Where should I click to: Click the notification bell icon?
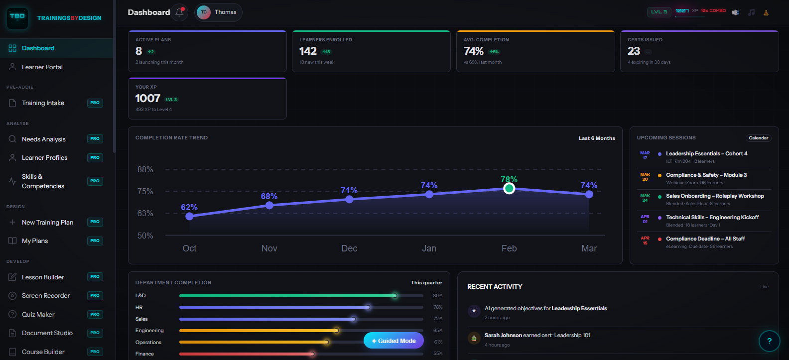click(x=179, y=12)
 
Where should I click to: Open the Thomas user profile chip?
click(x=218, y=12)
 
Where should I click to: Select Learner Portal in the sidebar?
click(x=42, y=67)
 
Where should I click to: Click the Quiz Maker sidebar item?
click(x=38, y=315)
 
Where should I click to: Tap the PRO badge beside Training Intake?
click(x=95, y=103)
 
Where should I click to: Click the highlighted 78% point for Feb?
click(x=509, y=189)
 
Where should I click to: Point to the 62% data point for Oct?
click(x=189, y=216)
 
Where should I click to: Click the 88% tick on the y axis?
click(x=145, y=170)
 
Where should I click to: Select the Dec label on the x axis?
click(x=349, y=248)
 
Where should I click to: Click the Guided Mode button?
click(x=394, y=341)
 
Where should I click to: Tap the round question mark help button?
click(x=769, y=341)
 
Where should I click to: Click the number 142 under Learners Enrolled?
click(x=308, y=51)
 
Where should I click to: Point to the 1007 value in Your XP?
click(x=147, y=99)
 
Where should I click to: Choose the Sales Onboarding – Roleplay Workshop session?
click(x=714, y=196)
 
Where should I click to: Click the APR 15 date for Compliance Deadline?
click(x=645, y=240)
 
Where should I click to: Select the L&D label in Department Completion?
click(x=140, y=296)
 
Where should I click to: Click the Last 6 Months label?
click(x=596, y=138)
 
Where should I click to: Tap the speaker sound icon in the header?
click(x=735, y=12)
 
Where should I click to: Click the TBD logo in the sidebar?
click(x=17, y=17)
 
